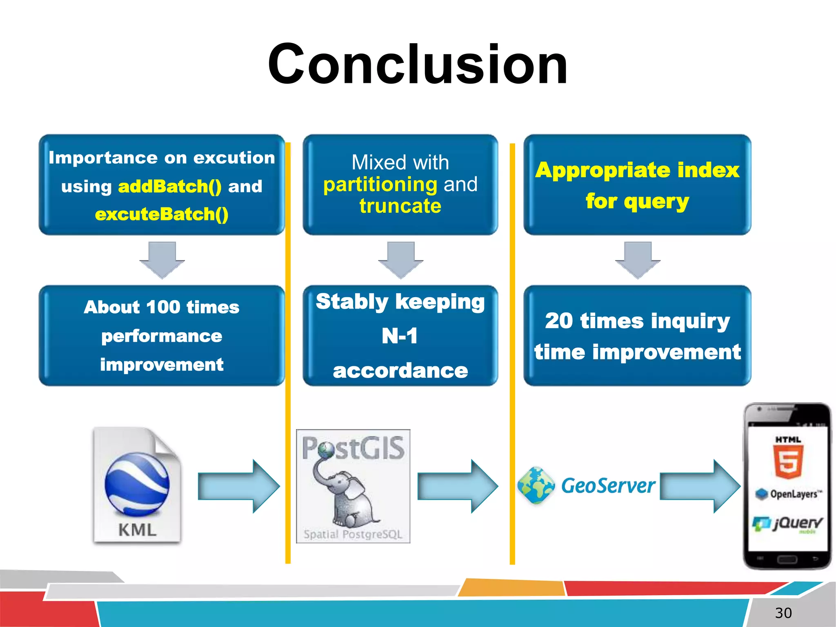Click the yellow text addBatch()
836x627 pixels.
(x=169, y=187)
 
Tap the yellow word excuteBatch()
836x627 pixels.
(x=162, y=214)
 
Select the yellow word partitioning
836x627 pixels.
(x=380, y=185)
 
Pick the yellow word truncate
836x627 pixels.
(x=400, y=206)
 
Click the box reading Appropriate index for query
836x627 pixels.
(x=637, y=185)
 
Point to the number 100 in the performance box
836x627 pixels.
(x=163, y=307)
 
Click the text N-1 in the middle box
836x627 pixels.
(x=400, y=336)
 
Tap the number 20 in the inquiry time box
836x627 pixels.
(x=559, y=321)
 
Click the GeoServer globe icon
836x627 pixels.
(x=536, y=485)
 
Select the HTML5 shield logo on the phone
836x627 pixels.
(x=788, y=461)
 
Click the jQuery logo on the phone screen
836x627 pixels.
(x=788, y=523)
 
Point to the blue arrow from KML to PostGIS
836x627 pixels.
(x=239, y=486)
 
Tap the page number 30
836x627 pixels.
(x=783, y=613)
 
